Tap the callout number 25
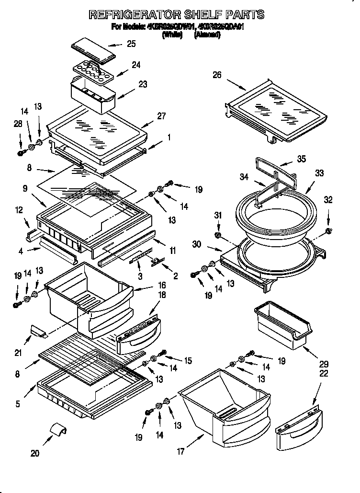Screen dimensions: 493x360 [131, 44]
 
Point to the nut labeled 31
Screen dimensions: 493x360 [217, 236]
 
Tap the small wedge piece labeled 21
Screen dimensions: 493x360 [37, 330]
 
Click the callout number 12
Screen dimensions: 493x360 [19, 209]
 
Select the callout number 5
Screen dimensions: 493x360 [18, 403]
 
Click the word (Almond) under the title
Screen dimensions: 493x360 [207, 35]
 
